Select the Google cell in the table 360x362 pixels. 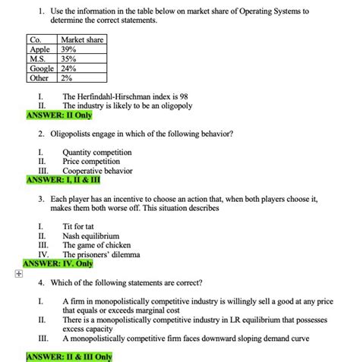(x=41, y=68)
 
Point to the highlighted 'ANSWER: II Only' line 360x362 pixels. (x=58, y=115)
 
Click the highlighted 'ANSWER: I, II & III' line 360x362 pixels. (x=67, y=180)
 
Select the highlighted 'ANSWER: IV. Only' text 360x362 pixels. (x=63, y=264)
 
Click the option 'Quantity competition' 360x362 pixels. (x=96, y=152)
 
